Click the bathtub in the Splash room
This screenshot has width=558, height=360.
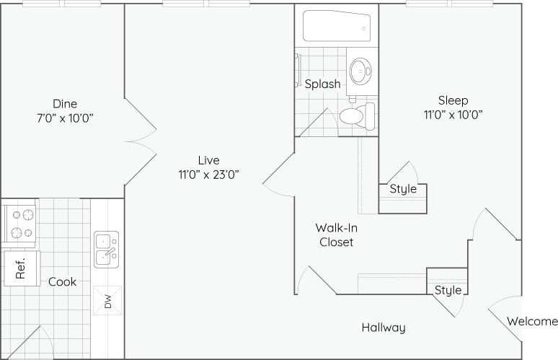coord(337,26)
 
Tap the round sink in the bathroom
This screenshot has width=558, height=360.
coord(360,71)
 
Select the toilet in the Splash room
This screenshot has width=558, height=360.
coord(356,116)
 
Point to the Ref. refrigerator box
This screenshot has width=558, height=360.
coord(21,268)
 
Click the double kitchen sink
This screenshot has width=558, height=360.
coord(106,249)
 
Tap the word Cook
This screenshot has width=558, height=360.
coord(63,281)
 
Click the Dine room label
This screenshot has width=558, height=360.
coord(65,103)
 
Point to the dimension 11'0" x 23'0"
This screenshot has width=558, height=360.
coord(209,173)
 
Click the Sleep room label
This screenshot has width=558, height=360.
coord(453,100)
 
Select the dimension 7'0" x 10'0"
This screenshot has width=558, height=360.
coord(65,117)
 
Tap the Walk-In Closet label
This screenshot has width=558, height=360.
coord(337,235)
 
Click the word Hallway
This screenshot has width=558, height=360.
coord(384,328)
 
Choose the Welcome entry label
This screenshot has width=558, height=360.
coord(532,322)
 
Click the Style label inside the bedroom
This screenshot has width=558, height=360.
coord(403,189)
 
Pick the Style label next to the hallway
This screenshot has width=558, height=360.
coord(448,290)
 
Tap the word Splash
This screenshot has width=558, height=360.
coord(322,84)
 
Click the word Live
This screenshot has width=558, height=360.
coord(209,159)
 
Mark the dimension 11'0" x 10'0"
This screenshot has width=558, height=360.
coord(453,114)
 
